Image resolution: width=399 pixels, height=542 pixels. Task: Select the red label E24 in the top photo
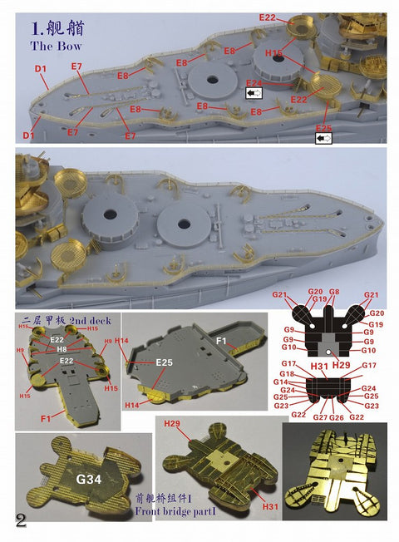pyautogui.click(x=254, y=83)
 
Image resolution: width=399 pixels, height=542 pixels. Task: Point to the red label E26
pyautogui.click(x=323, y=128)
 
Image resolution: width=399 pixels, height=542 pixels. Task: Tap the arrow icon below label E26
pyautogui.click(x=323, y=139)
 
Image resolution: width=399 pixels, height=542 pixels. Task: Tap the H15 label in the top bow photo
pyautogui.click(x=274, y=53)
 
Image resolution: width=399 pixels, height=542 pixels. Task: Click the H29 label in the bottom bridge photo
pyautogui.click(x=171, y=424)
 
